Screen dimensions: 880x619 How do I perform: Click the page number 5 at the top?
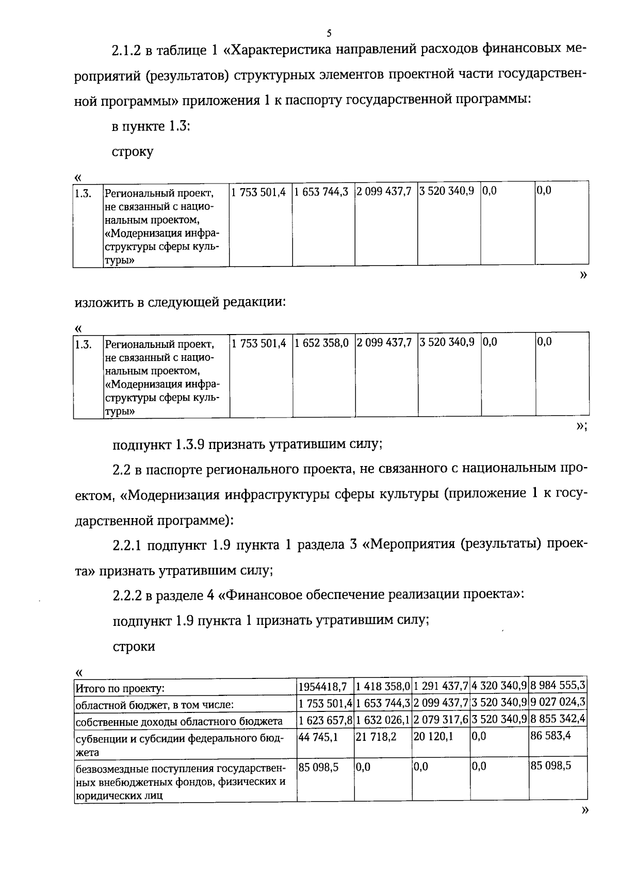tap(329, 34)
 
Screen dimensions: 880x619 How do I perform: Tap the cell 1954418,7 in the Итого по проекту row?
tap(324, 687)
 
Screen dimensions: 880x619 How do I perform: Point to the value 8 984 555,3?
tap(558, 686)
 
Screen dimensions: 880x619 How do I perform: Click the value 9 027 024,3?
tap(558, 702)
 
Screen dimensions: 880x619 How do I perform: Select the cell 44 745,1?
tap(318, 737)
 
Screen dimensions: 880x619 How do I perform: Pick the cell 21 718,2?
tap(376, 737)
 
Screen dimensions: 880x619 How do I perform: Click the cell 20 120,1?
tap(433, 737)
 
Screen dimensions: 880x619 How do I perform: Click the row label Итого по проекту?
tap(120, 688)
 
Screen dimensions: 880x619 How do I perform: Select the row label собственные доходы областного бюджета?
tap(178, 721)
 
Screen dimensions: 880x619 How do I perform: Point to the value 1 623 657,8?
tap(325, 719)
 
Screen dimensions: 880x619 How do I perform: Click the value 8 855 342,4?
tap(558, 719)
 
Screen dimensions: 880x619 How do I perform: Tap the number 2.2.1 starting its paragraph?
tap(129, 545)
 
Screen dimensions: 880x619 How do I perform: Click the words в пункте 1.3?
tap(151, 126)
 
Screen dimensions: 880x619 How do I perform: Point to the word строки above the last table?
tap(134, 646)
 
